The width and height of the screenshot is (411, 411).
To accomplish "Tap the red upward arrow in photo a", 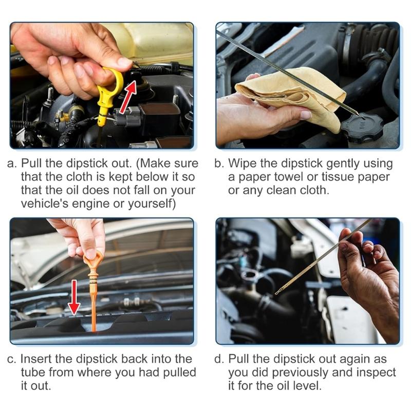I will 129,95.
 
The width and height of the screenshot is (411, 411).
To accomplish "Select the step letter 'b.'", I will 220,164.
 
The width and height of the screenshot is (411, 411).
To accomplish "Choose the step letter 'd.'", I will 220,359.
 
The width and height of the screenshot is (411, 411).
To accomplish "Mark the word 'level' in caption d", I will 308,386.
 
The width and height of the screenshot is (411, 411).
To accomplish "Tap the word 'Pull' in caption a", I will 31,164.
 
